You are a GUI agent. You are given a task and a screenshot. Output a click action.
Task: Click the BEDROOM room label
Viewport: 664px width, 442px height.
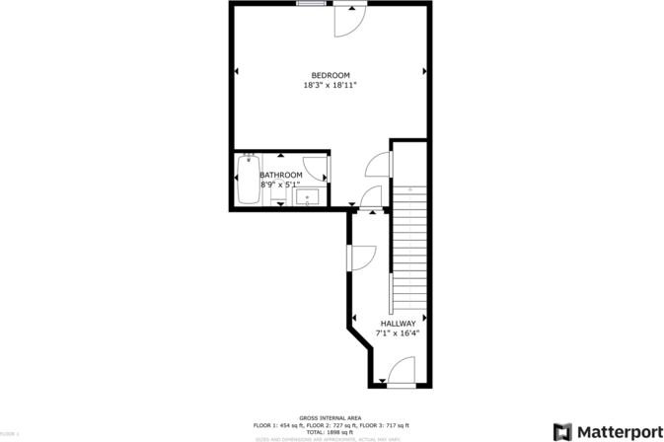(x=331, y=76)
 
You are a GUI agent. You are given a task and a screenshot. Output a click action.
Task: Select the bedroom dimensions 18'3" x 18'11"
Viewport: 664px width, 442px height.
(x=331, y=86)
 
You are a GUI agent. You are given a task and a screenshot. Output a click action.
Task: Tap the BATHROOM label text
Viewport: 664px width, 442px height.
(x=281, y=175)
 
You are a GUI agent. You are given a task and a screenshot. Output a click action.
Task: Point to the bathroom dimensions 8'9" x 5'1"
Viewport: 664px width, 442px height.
(x=280, y=184)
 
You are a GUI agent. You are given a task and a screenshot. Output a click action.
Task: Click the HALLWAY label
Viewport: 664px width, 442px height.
(x=398, y=324)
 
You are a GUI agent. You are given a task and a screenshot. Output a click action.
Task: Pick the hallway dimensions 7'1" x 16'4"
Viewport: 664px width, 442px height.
(x=398, y=333)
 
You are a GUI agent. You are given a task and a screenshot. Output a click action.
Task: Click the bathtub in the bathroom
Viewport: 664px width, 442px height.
(x=247, y=180)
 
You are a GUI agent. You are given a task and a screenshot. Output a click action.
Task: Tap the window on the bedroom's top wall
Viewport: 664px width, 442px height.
(x=312, y=4)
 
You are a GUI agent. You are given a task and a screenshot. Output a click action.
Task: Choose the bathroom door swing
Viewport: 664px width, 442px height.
(x=316, y=168)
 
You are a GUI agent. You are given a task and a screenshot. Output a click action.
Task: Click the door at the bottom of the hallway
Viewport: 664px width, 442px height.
(x=400, y=372)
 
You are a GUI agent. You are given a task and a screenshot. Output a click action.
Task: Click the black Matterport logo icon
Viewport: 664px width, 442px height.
(x=562, y=431)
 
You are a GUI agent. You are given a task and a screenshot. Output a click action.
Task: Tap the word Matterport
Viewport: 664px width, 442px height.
(x=620, y=431)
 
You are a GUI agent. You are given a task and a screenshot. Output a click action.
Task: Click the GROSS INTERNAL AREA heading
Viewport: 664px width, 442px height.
(x=332, y=418)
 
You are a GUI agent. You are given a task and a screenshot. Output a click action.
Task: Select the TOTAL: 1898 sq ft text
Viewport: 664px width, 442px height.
(x=332, y=432)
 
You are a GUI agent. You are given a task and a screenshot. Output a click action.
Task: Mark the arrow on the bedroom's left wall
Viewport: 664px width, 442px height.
(x=236, y=71)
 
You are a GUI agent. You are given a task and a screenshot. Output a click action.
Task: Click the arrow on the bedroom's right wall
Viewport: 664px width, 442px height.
(x=425, y=71)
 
